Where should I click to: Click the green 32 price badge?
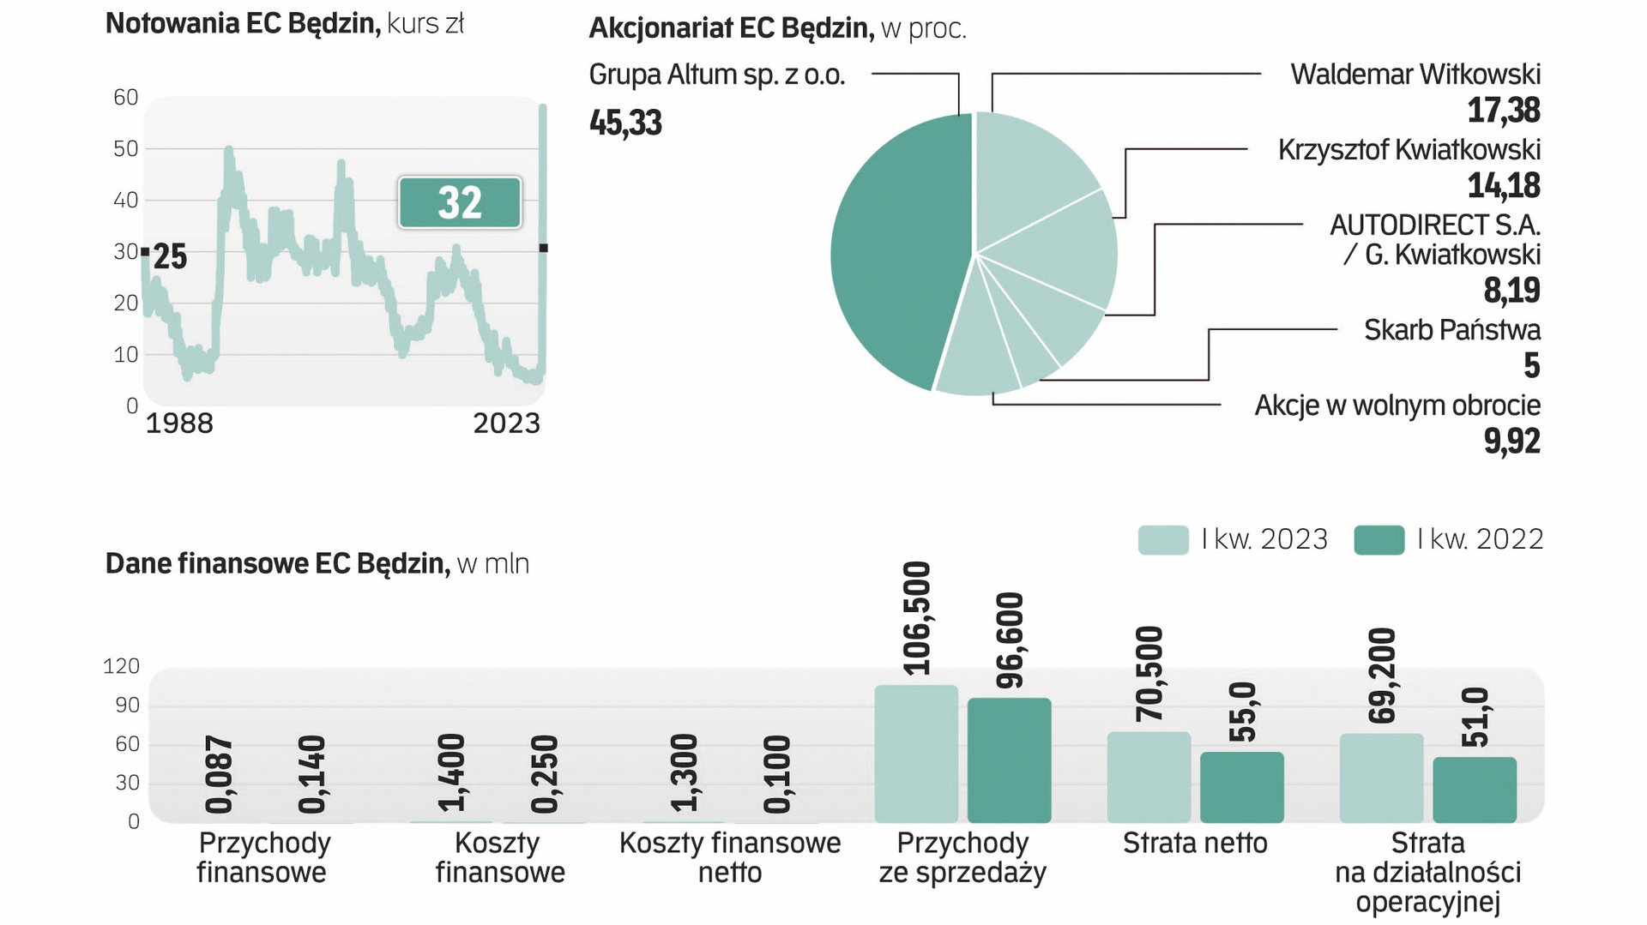point(460,202)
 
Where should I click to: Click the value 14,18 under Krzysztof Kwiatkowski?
point(1503,185)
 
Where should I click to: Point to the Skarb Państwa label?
point(1451,330)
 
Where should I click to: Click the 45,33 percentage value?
point(625,123)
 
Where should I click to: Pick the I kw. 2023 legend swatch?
point(1162,539)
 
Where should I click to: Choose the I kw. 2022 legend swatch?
point(1379,539)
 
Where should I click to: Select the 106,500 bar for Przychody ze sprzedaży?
point(916,754)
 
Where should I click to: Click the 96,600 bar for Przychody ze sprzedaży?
point(1009,760)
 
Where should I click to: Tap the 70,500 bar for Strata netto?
point(1149,777)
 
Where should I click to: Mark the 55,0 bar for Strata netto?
point(1241,787)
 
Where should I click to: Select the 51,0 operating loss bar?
point(1475,790)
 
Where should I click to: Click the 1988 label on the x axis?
point(179,423)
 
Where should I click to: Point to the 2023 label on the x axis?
point(507,423)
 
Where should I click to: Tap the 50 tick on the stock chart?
point(126,149)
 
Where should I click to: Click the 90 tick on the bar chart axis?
point(127,705)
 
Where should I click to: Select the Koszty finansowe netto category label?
point(730,857)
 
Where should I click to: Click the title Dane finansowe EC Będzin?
point(277,563)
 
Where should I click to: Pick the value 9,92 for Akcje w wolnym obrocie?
point(1511,441)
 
